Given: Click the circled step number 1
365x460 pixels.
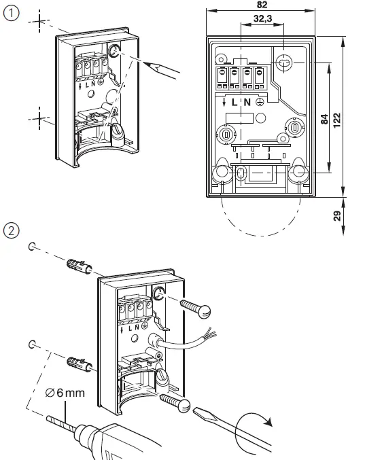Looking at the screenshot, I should tap(12, 13).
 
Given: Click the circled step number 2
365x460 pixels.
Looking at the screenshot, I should tap(12, 231).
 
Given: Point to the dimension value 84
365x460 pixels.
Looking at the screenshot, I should tap(325, 119).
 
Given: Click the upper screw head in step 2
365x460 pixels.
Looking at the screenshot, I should tap(202, 311).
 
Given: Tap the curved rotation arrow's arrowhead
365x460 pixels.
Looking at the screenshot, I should tap(270, 423).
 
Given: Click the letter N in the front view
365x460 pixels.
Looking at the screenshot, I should tap(247, 102).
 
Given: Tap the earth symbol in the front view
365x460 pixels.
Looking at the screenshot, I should tap(261, 102).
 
